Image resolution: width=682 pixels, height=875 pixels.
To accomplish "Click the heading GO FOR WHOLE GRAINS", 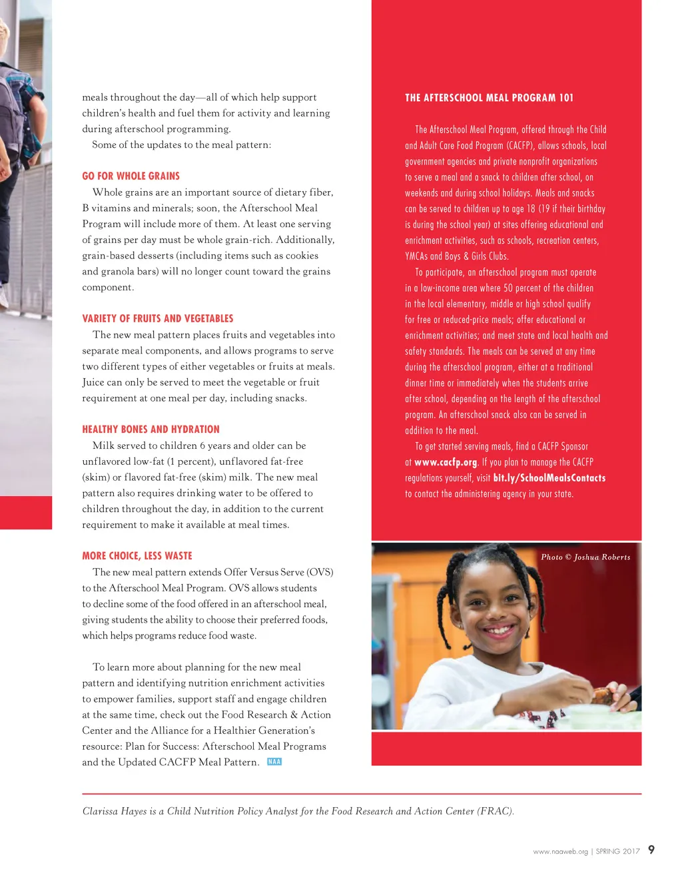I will click(131, 176).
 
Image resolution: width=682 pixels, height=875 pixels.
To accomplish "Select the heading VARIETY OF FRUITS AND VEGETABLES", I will click(157, 319).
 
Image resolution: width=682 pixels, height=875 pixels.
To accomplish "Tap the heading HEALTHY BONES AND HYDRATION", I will click(151, 430).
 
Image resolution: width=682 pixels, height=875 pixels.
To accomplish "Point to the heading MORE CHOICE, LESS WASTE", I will click(137, 556).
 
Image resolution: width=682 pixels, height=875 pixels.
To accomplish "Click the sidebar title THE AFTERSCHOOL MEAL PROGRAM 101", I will click(489, 98).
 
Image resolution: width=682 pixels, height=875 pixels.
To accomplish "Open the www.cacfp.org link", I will click(446, 462).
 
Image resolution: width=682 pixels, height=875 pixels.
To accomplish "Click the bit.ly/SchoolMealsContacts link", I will click(549, 478).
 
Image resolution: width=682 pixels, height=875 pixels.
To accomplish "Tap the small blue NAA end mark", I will click(274, 762).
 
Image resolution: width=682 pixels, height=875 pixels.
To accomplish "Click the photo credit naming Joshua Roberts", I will click(585, 557).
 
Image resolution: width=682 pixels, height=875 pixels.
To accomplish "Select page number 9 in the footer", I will click(651, 850).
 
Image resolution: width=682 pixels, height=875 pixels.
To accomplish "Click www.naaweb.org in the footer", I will click(560, 852).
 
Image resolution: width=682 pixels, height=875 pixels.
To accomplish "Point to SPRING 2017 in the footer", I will click(617, 852).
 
